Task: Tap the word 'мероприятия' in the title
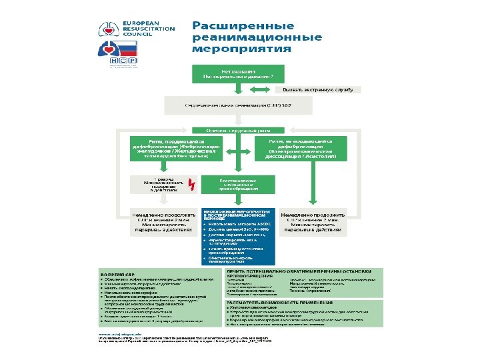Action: pyautogui.click(x=241, y=49)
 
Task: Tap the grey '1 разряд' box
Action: pyautogui.click(x=162, y=183)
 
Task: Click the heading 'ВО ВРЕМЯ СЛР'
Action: pyautogui.click(x=113, y=273)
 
